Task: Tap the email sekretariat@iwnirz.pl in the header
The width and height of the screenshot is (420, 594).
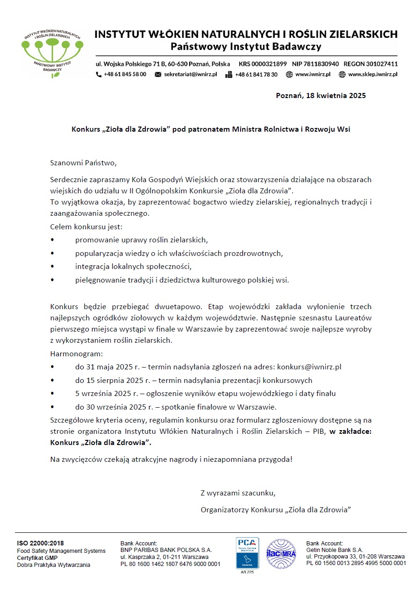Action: [x=190, y=74]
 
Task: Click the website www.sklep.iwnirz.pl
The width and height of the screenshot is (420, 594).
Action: [x=372, y=74]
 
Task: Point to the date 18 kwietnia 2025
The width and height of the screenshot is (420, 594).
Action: [x=335, y=96]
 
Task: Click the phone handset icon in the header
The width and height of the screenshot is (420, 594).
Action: [x=99, y=74]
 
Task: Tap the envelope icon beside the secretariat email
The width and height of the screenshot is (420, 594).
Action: [x=158, y=74]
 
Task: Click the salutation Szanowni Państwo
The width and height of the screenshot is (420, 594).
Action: [x=83, y=163]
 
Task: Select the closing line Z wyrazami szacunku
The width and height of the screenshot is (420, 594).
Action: [x=238, y=493]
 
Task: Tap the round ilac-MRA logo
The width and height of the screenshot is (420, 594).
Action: [x=281, y=554]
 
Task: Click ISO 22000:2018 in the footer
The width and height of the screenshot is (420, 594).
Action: [x=40, y=543]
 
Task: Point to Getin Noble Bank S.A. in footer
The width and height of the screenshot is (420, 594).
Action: [x=335, y=550]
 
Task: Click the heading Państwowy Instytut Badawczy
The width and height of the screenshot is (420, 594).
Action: [x=246, y=47]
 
